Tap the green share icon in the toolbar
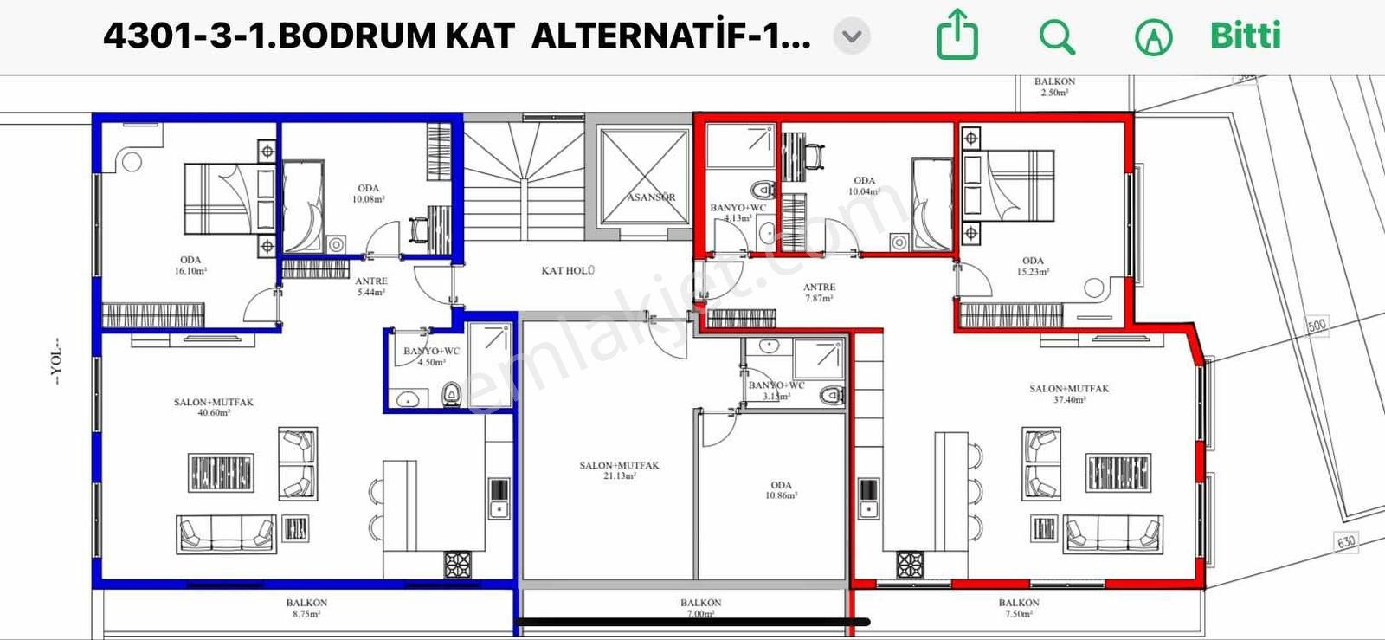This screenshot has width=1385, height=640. (x=957, y=36)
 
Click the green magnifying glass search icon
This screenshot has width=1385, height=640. (x=1057, y=37)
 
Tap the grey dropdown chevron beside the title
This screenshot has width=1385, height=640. (x=852, y=36)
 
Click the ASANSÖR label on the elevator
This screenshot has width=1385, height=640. (x=651, y=197)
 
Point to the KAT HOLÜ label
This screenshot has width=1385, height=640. (x=568, y=271)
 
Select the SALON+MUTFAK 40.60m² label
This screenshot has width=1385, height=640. (x=214, y=407)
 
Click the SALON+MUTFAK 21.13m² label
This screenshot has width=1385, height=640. (x=619, y=470)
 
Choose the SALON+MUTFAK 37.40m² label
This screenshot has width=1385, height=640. (x=1069, y=394)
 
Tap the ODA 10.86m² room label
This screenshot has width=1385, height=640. (x=781, y=490)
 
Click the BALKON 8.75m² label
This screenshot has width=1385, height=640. (x=306, y=608)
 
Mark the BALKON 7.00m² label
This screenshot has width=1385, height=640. (x=700, y=608)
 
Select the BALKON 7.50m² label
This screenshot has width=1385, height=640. (x=1019, y=608)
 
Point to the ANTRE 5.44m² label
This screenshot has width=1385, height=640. (x=371, y=287)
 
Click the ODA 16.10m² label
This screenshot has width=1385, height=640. (x=190, y=265)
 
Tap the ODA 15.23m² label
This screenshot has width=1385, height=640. (x=1033, y=266)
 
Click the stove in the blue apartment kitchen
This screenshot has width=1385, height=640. (x=458, y=565)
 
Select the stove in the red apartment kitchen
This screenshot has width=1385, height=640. (x=910, y=565)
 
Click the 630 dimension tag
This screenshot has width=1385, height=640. (x=1346, y=543)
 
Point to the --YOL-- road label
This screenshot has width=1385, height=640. (x=57, y=361)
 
